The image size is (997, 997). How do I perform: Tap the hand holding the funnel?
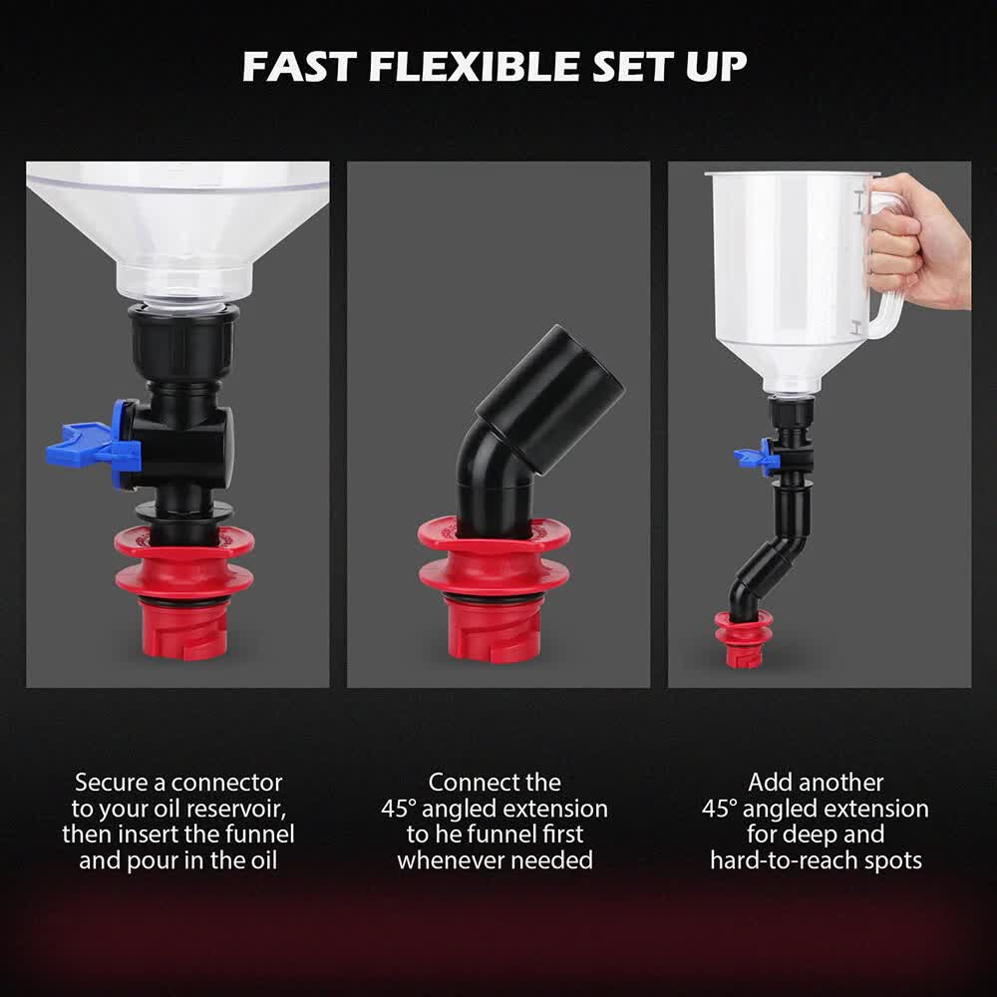tap(917, 239)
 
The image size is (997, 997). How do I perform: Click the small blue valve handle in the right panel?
tap(755, 457)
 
